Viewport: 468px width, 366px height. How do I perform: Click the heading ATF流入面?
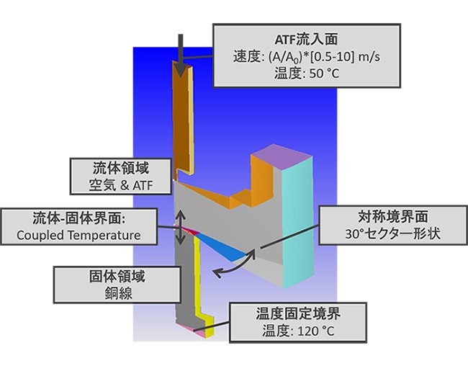pos(306,40)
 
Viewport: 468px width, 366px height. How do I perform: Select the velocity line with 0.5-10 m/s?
pos(307,56)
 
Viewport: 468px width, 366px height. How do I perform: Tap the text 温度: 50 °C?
pos(307,73)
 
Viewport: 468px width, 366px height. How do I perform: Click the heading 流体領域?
pos(121,169)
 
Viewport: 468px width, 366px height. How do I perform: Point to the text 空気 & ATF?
pos(121,186)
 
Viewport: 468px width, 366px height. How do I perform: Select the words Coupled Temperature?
pos(78,235)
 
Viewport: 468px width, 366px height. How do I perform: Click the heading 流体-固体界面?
pos(78,218)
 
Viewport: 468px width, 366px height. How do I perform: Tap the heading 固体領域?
pos(117,277)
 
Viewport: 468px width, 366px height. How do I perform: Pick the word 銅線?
pos(118,293)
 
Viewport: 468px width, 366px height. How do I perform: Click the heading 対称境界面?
pos(393,217)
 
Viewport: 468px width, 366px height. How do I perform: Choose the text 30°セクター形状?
pos(393,233)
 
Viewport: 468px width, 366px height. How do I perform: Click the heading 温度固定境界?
pos(298,313)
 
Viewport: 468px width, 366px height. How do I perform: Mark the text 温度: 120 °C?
pos(298,331)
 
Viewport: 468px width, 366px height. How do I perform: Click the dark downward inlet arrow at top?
pos(180,55)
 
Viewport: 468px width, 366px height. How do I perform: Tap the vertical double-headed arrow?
pos(180,227)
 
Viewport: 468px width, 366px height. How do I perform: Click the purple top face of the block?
pos(282,156)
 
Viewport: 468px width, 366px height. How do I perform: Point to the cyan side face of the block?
pos(298,222)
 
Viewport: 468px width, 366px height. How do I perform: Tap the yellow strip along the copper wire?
pos(199,284)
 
